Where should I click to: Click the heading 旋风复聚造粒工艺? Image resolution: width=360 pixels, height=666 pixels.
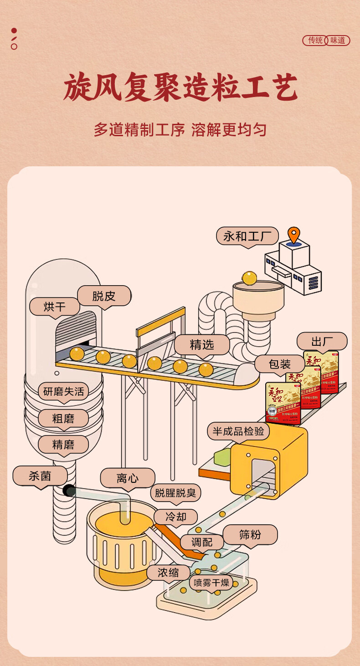180,88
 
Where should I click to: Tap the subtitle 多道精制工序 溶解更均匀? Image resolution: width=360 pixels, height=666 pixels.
180,130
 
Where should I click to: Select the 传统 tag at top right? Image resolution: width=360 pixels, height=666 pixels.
315,40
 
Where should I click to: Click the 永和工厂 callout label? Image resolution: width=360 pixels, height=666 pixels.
247,236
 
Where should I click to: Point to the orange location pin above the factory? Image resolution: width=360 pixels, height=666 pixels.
294,234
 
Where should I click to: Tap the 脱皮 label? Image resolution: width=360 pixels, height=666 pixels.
104,296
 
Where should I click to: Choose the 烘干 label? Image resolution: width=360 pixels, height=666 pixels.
55,307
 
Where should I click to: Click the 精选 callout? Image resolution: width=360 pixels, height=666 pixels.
202,345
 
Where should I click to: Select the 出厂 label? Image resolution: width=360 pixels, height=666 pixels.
322,342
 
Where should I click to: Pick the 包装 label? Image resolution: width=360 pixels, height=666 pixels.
279,364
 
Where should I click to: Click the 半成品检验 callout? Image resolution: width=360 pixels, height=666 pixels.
238,431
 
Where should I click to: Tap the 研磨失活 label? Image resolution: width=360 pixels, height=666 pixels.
63,391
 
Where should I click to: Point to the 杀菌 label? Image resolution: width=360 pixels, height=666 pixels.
40,476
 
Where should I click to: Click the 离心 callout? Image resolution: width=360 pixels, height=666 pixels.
128,478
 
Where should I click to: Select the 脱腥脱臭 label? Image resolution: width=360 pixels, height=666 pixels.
175,493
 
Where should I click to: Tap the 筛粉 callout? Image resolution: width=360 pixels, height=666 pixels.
250,535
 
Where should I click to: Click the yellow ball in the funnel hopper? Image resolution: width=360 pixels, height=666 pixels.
249,278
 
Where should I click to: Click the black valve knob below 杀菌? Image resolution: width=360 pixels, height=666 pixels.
69,490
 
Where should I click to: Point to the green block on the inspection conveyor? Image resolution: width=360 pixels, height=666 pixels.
219,456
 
